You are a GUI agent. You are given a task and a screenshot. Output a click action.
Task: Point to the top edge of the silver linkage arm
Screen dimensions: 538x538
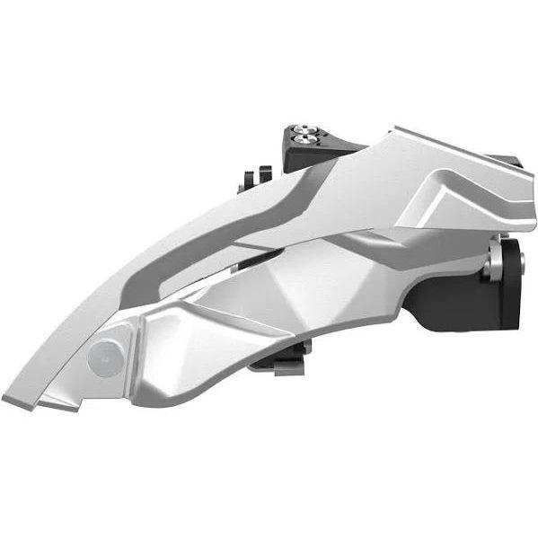point(377,135)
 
